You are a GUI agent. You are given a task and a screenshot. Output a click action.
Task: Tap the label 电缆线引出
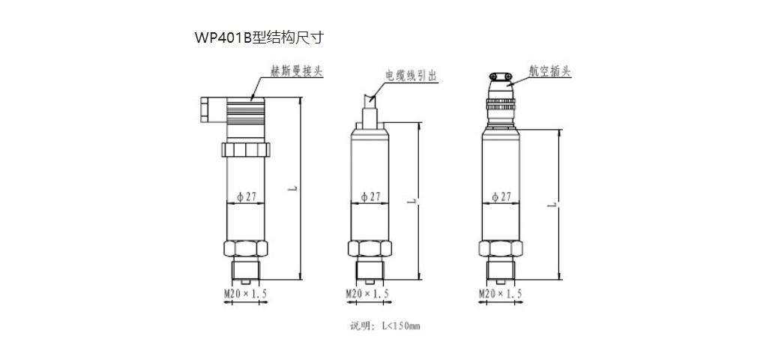(410, 76)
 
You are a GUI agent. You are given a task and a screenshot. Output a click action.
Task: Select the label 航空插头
(549, 72)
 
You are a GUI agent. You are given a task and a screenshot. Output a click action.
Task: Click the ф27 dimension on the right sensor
(501, 196)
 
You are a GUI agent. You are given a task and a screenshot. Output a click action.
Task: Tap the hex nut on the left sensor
(245, 248)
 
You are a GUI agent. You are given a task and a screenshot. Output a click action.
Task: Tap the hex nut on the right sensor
(500, 248)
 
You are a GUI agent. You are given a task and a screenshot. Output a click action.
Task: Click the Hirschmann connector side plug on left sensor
(208, 109)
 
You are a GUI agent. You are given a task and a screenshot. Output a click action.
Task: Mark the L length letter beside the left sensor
(289, 190)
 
